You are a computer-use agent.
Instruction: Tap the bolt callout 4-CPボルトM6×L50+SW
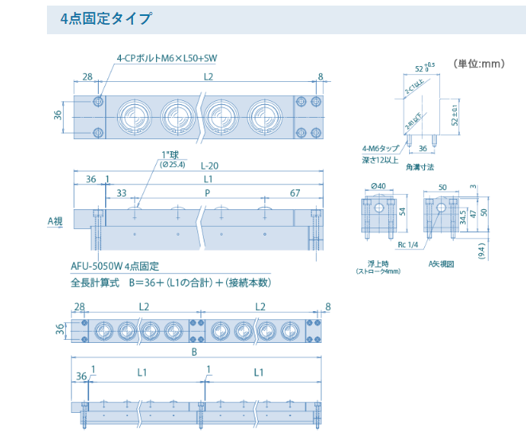[166, 58]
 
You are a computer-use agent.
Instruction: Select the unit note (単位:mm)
[479, 63]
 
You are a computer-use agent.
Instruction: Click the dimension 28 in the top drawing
[87, 77]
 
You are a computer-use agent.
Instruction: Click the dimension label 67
[294, 193]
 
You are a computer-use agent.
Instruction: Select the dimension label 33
[121, 193]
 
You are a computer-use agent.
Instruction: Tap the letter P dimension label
[208, 193]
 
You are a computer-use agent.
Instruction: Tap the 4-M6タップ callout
[380, 149]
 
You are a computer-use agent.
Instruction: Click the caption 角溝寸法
[419, 168]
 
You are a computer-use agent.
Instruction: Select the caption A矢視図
[440, 263]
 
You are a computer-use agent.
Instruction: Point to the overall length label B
[194, 351]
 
